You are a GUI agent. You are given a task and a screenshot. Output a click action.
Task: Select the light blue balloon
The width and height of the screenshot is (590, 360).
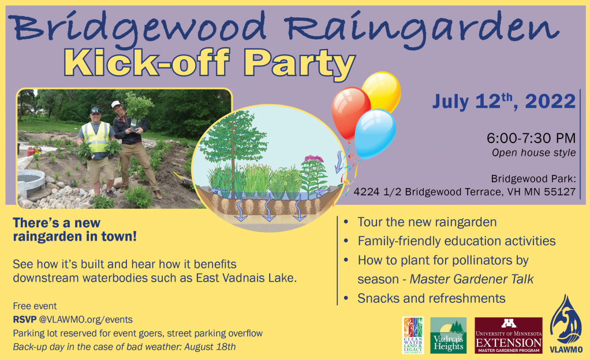click(x=375, y=133)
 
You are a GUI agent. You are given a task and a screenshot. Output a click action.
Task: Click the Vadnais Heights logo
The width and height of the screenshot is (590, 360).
click(x=448, y=335)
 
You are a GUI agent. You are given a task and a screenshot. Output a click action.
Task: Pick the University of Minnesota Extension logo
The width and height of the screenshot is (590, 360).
click(x=509, y=335)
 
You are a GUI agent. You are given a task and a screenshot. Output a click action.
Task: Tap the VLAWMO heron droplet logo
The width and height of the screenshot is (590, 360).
click(x=566, y=324)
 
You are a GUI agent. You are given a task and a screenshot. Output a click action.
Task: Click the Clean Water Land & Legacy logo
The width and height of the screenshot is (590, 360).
click(x=413, y=335)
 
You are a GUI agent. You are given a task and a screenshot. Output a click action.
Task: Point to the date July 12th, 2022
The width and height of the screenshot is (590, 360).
click(x=504, y=101)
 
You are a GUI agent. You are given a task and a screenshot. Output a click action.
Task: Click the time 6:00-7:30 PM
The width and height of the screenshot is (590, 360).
click(x=531, y=138)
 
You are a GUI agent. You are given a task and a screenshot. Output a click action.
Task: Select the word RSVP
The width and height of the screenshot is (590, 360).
click(x=24, y=320)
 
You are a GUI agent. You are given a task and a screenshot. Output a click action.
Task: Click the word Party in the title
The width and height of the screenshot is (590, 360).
click(x=299, y=64)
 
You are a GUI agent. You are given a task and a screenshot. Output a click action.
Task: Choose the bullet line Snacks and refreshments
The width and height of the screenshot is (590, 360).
click(x=431, y=298)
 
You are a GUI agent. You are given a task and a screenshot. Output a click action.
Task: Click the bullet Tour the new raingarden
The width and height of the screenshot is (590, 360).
click(x=427, y=222)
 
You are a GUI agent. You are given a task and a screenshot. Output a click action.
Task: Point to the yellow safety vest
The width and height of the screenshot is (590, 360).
click(x=97, y=137)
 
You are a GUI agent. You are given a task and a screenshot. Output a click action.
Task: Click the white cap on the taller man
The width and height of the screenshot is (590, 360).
click(x=115, y=104)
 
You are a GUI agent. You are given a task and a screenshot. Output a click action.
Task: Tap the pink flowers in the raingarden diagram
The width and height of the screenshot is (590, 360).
click(x=313, y=159)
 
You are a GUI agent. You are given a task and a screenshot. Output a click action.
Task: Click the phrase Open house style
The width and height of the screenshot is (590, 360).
click(x=534, y=153)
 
